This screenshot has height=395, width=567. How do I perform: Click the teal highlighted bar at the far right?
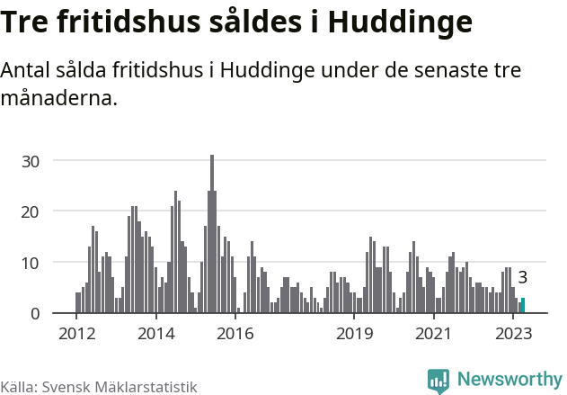point(522,306)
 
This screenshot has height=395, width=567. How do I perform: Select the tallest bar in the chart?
point(212,234)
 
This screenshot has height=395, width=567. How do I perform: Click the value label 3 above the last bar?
point(522,278)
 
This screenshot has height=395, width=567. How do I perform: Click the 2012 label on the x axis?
point(76,334)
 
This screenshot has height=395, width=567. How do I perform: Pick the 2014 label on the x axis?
point(155,334)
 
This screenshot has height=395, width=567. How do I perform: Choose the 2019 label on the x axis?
point(354,334)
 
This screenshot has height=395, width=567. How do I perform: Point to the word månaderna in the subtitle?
point(58,98)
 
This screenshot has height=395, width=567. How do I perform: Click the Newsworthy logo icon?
point(439,381)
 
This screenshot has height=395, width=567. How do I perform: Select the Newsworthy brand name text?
point(509,380)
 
